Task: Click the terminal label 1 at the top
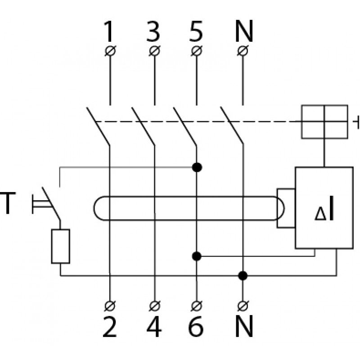click(109, 31)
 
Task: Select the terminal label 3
click(153, 31)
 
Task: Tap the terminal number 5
click(196, 31)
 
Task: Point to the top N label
click(244, 31)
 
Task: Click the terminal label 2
click(109, 327)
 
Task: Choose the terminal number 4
click(154, 327)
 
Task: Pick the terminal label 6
click(196, 327)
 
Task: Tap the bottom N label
click(244, 327)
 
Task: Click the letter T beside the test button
click(8, 203)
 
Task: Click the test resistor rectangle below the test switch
click(60, 246)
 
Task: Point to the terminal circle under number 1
click(110, 50)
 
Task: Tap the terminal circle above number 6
click(197, 306)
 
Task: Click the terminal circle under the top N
click(243, 50)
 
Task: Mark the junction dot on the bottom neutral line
click(243, 275)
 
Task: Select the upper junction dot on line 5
click(197, 167)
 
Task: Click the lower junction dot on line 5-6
click(197, 256)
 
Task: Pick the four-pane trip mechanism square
click(324, 121)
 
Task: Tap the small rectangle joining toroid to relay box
click(286, 208)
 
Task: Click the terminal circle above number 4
click(155, 306)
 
